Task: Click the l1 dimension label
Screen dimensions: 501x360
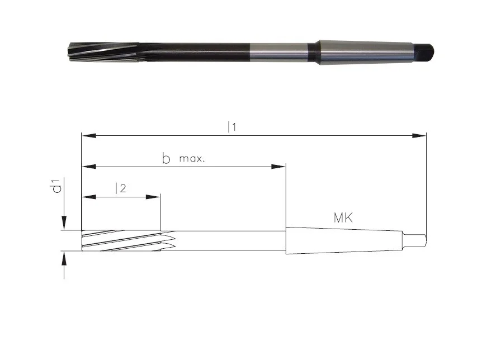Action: (x=231, y=127)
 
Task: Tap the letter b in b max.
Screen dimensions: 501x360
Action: (x=166, y=158)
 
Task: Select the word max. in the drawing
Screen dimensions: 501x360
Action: (x=192, y=159)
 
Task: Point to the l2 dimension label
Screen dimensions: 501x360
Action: (x=120, y=188)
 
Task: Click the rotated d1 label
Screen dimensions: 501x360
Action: (x=57, y=186)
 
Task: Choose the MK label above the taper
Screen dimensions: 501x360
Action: (x=343, y=218)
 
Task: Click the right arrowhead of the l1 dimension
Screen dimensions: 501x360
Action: (x=419, y=136)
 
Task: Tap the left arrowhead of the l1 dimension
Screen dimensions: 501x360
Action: (x=89, y=136)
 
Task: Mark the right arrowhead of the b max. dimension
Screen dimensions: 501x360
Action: (x=278, y=167)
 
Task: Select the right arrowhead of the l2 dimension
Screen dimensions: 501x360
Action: (x=153, y=197)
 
